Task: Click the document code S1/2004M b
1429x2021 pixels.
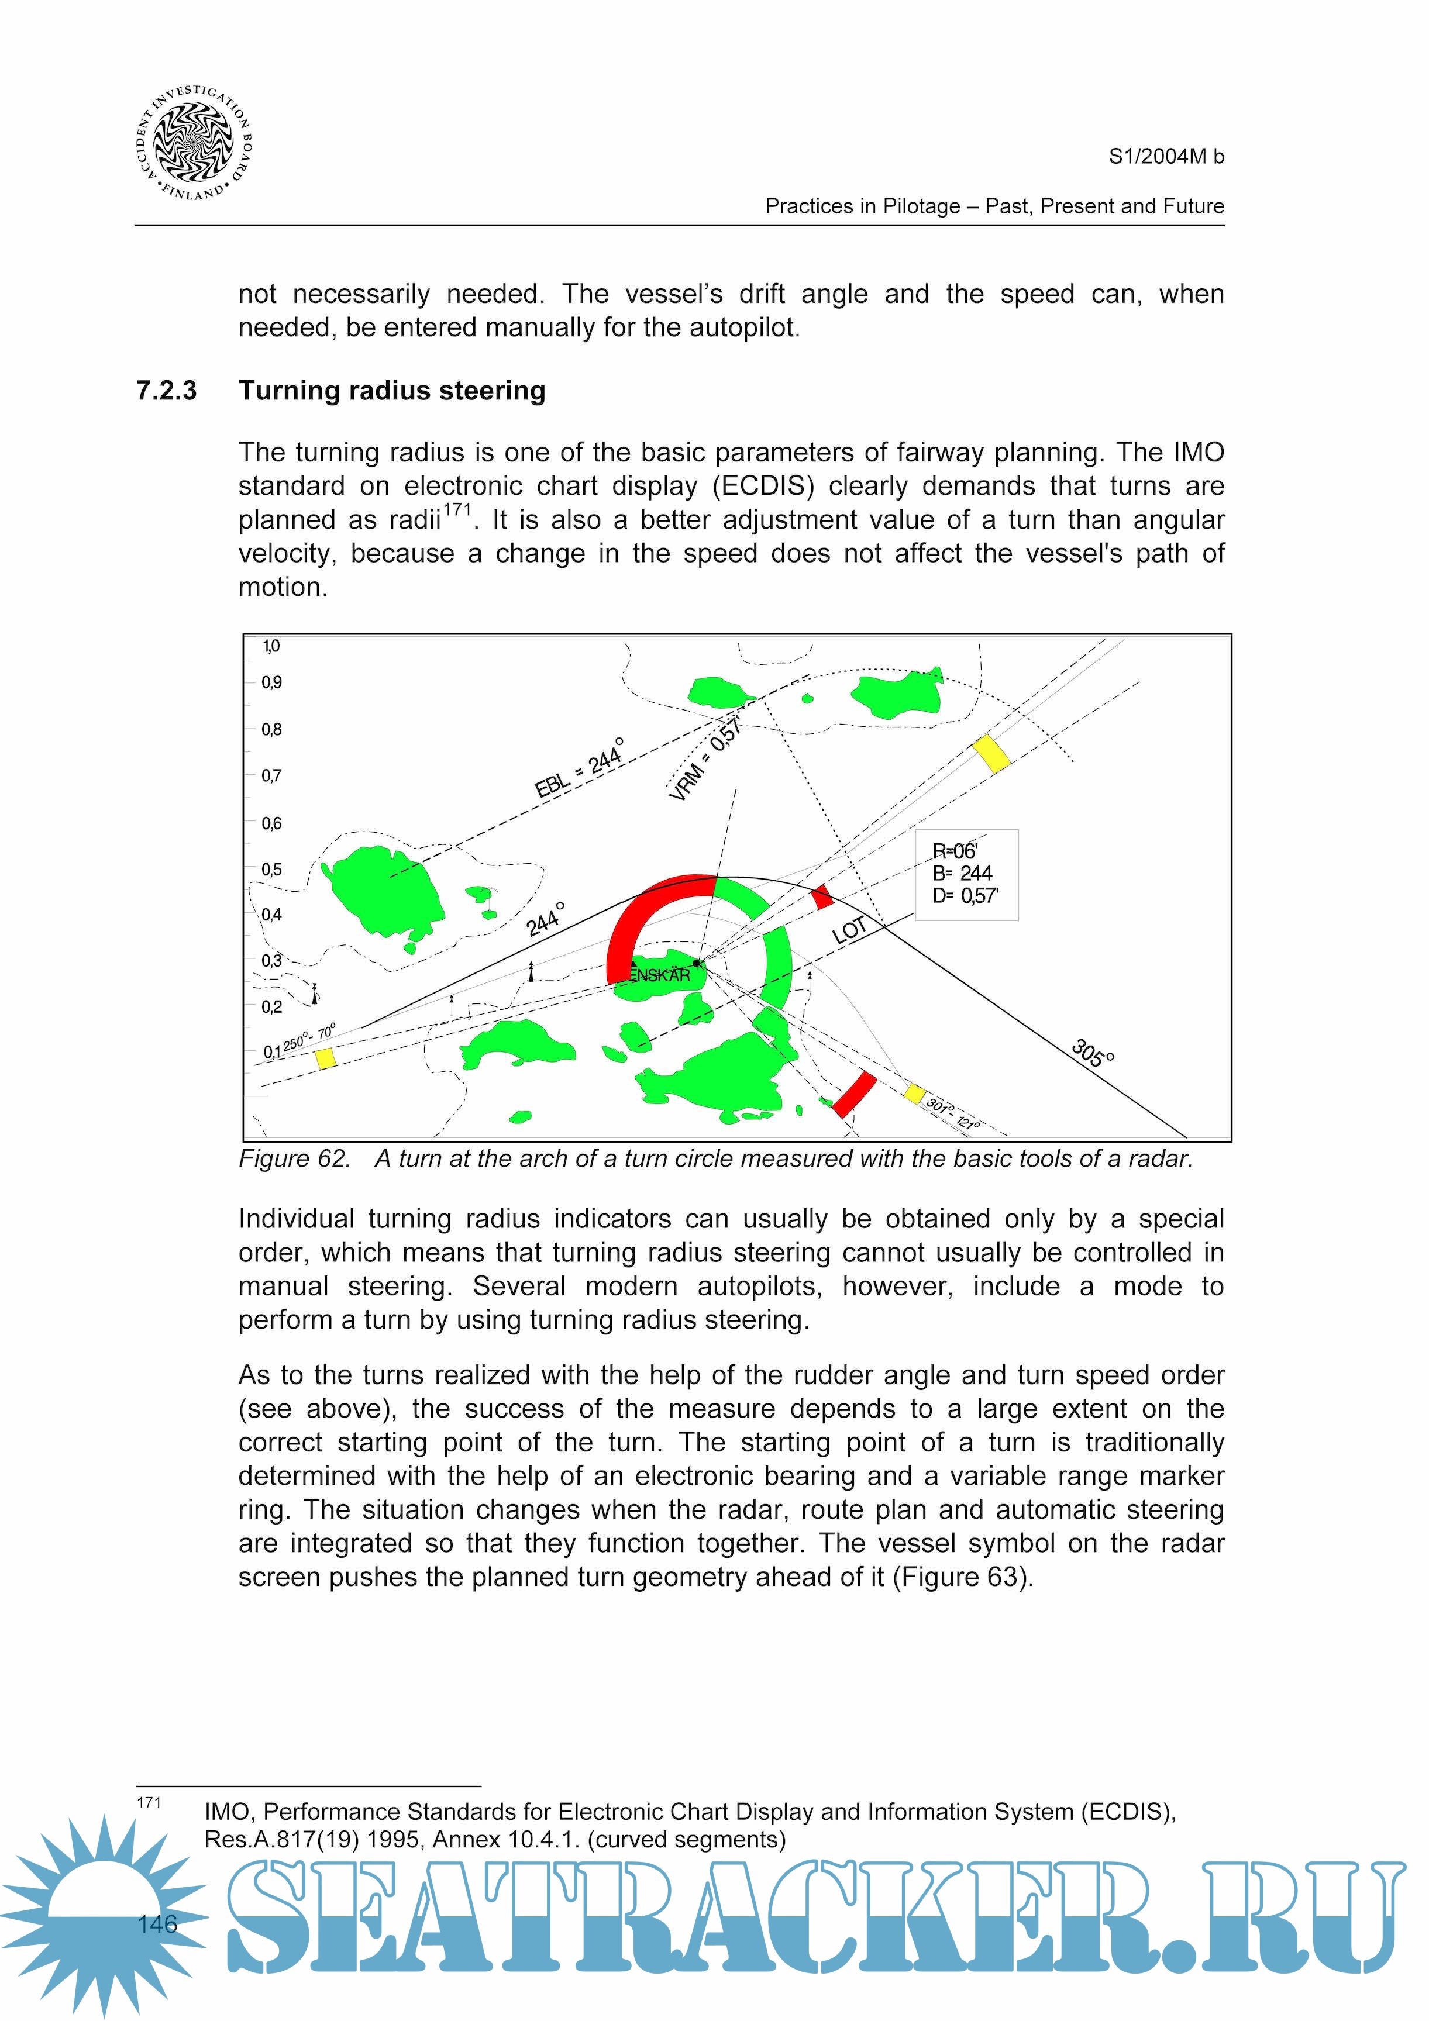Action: [x=1166, y=157]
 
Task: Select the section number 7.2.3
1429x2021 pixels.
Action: [x=166, y=390]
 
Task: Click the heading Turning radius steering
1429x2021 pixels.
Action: [x=392, y=390]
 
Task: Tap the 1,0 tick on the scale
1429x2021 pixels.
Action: [x=271, y=646]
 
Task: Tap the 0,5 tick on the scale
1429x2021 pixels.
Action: [x=271, y=870]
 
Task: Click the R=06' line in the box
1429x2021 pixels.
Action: [x=955, y=851]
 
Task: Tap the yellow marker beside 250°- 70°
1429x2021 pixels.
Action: [x=326, y=1058]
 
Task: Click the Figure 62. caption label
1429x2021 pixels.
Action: [x=295, y=1159]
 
